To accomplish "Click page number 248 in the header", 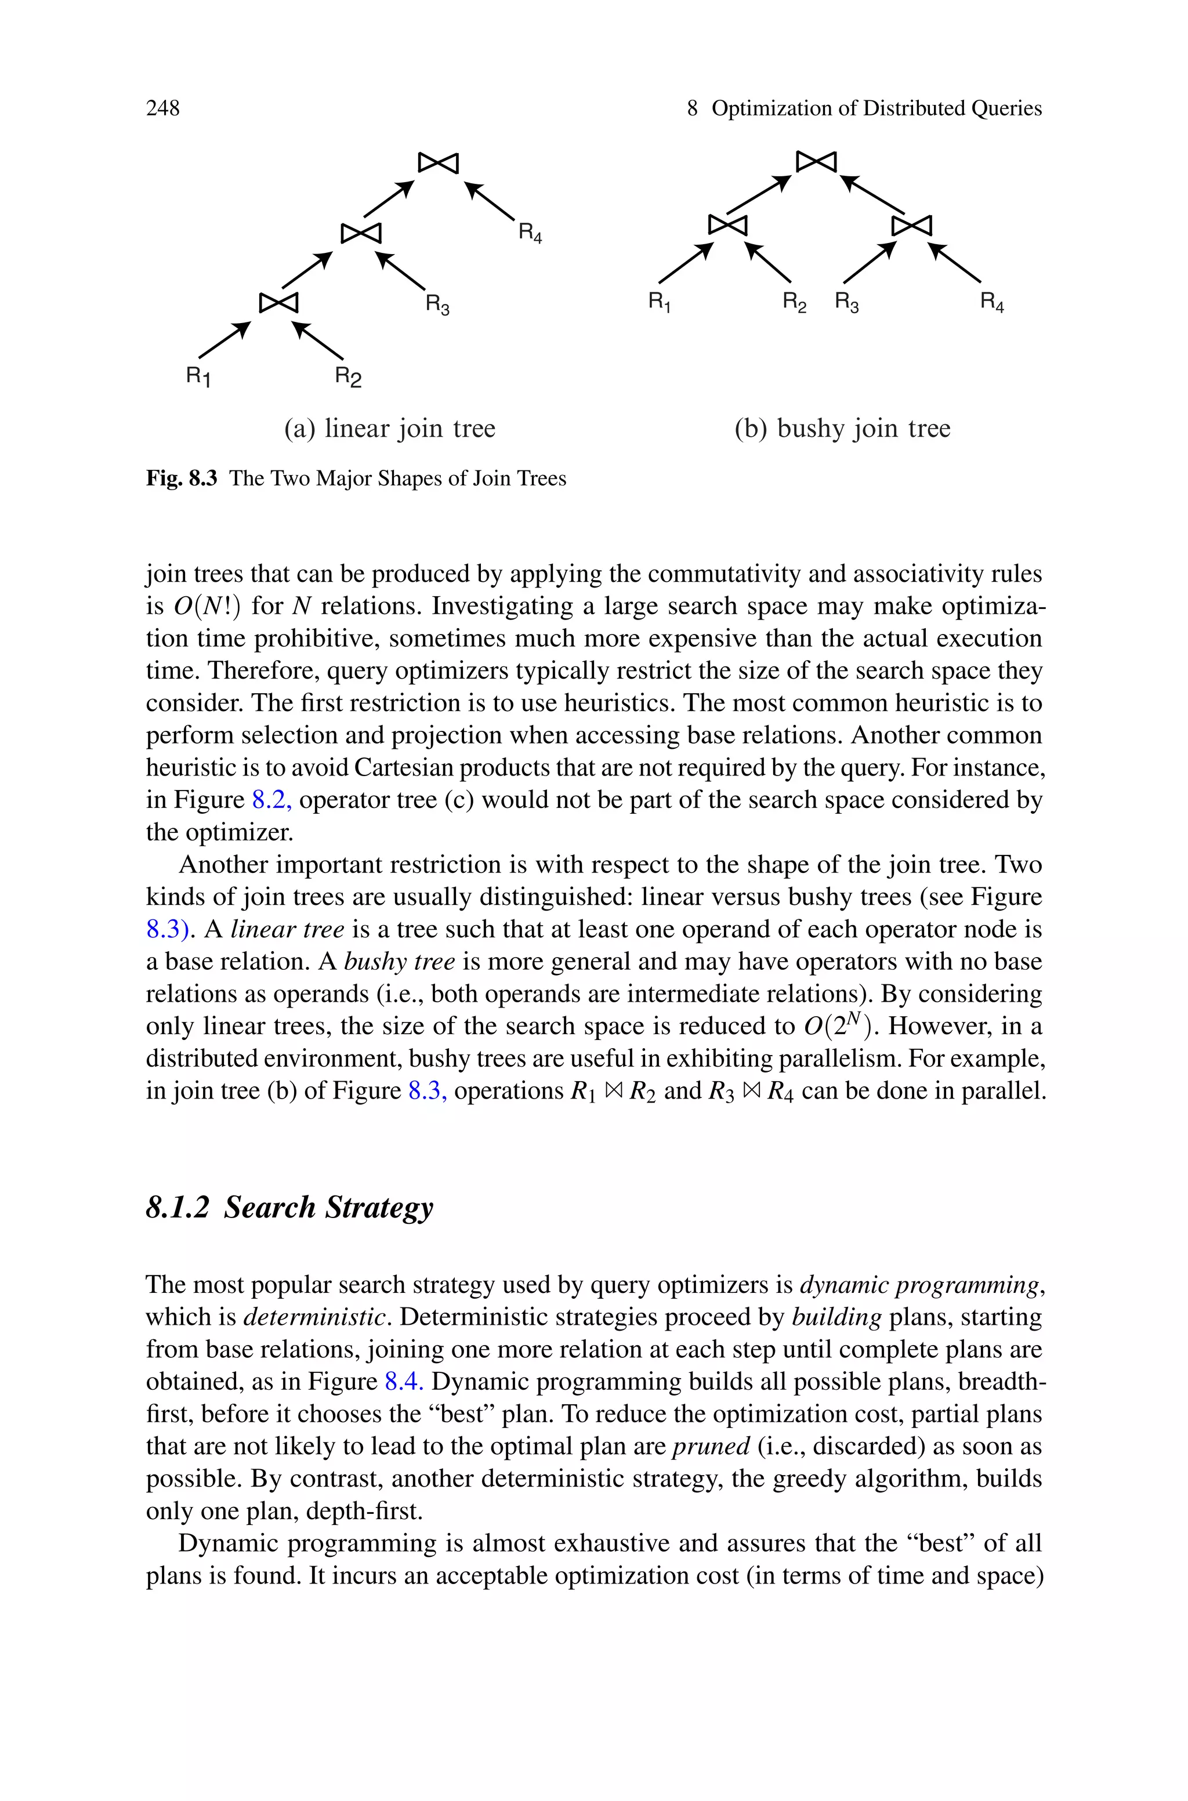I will point(163,109).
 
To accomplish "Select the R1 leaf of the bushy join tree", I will point(659,302).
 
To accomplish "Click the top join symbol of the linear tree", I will point(439,162).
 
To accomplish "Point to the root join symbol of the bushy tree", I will point(816,161).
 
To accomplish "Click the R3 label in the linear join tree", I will point(437,305).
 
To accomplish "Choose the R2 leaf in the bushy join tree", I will point(794,303).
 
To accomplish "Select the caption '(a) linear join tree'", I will point(389,429).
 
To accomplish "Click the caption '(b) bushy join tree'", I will point(842,429).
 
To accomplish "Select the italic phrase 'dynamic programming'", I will point(919,1285).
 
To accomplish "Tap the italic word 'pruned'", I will point(711,1447).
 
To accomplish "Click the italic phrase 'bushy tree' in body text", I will point(399,962).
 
